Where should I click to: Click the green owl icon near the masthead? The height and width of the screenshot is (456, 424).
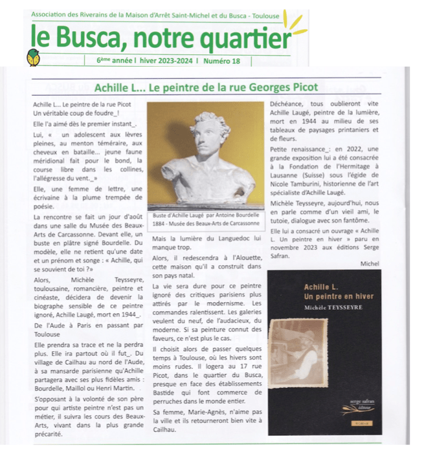pyautogui.click(x=33, y=58)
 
